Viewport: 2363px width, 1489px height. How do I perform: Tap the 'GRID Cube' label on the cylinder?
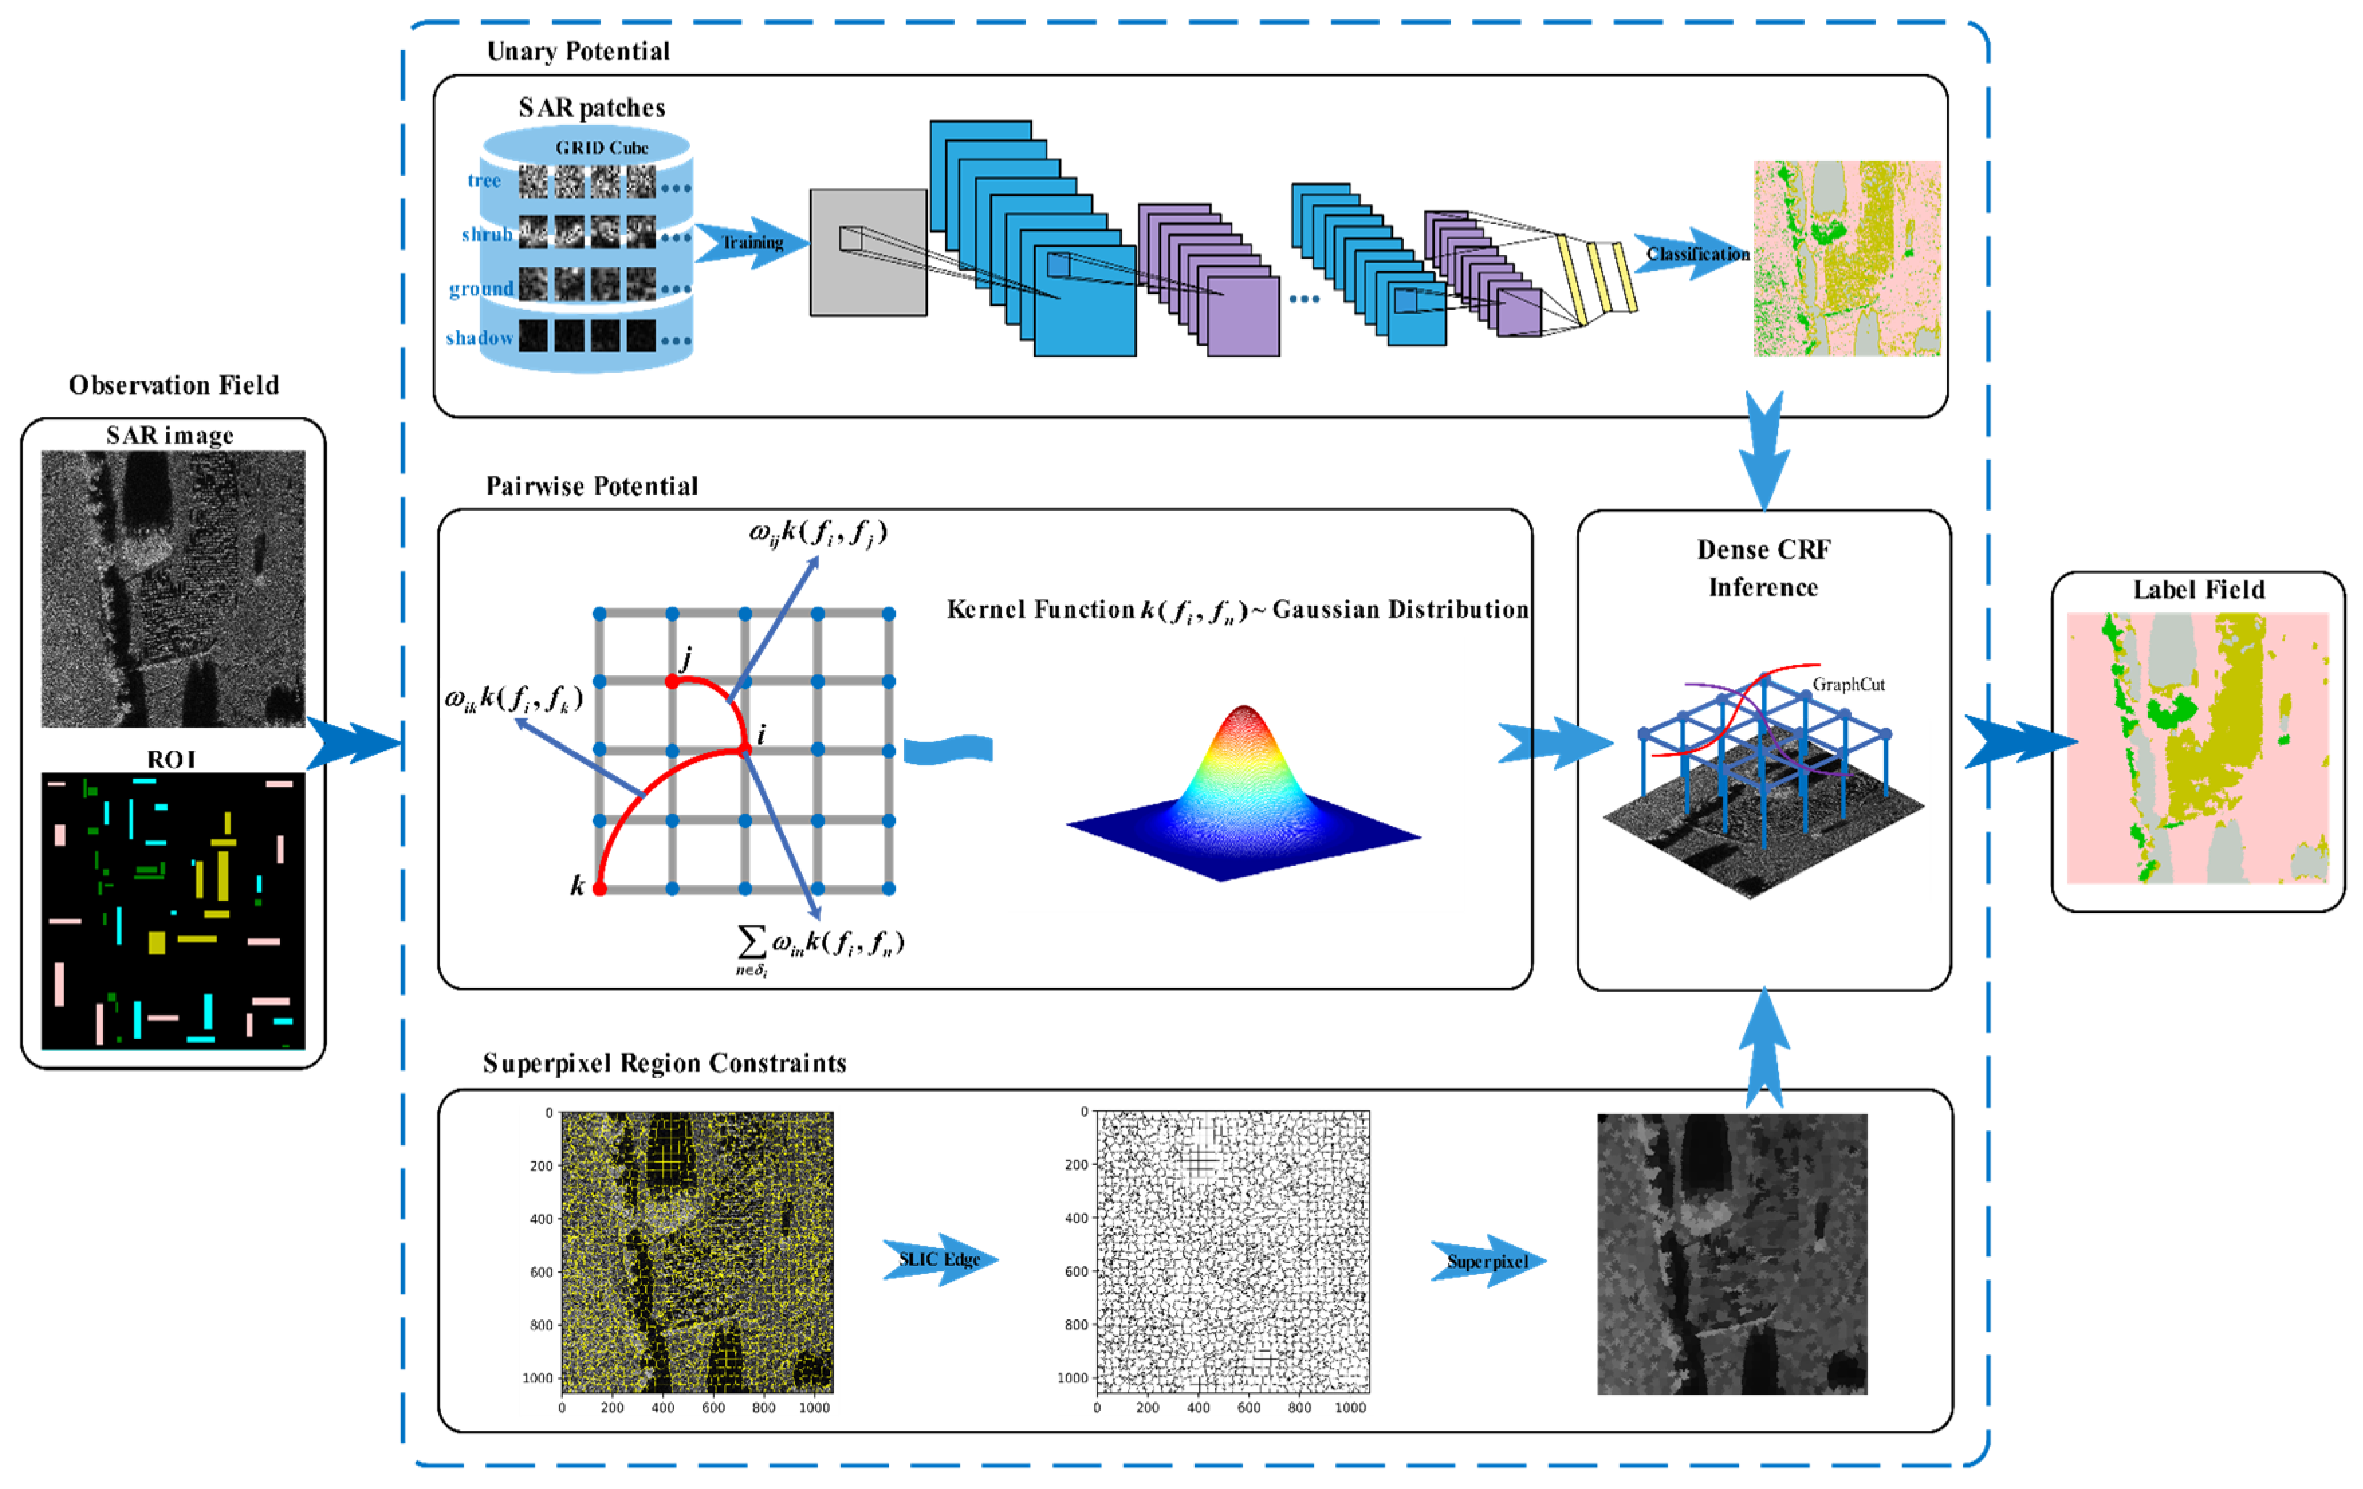point(601,148)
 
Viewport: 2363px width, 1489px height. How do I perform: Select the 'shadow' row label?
point(480,338)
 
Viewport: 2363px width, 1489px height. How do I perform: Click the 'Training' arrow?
point(751,243)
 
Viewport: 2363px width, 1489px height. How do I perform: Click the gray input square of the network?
point(867,252)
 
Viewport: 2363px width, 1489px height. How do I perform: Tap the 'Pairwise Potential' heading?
point(592,487)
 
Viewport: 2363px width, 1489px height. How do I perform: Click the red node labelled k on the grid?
point(599,889)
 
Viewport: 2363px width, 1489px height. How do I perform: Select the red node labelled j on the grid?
point(672,681)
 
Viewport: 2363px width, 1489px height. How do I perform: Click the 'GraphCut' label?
point(1847,685)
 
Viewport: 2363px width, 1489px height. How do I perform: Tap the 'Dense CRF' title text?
point(1764,550)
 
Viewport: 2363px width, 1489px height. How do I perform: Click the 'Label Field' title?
point(2198,590)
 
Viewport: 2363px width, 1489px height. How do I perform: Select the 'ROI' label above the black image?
point(172,759)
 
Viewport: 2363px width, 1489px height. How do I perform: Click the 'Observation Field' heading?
point(174,385)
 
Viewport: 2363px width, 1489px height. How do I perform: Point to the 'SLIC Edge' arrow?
point(939,1259)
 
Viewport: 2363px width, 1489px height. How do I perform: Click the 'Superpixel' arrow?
point(1488,1261)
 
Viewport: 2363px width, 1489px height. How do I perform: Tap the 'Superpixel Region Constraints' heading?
point(664,1063)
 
